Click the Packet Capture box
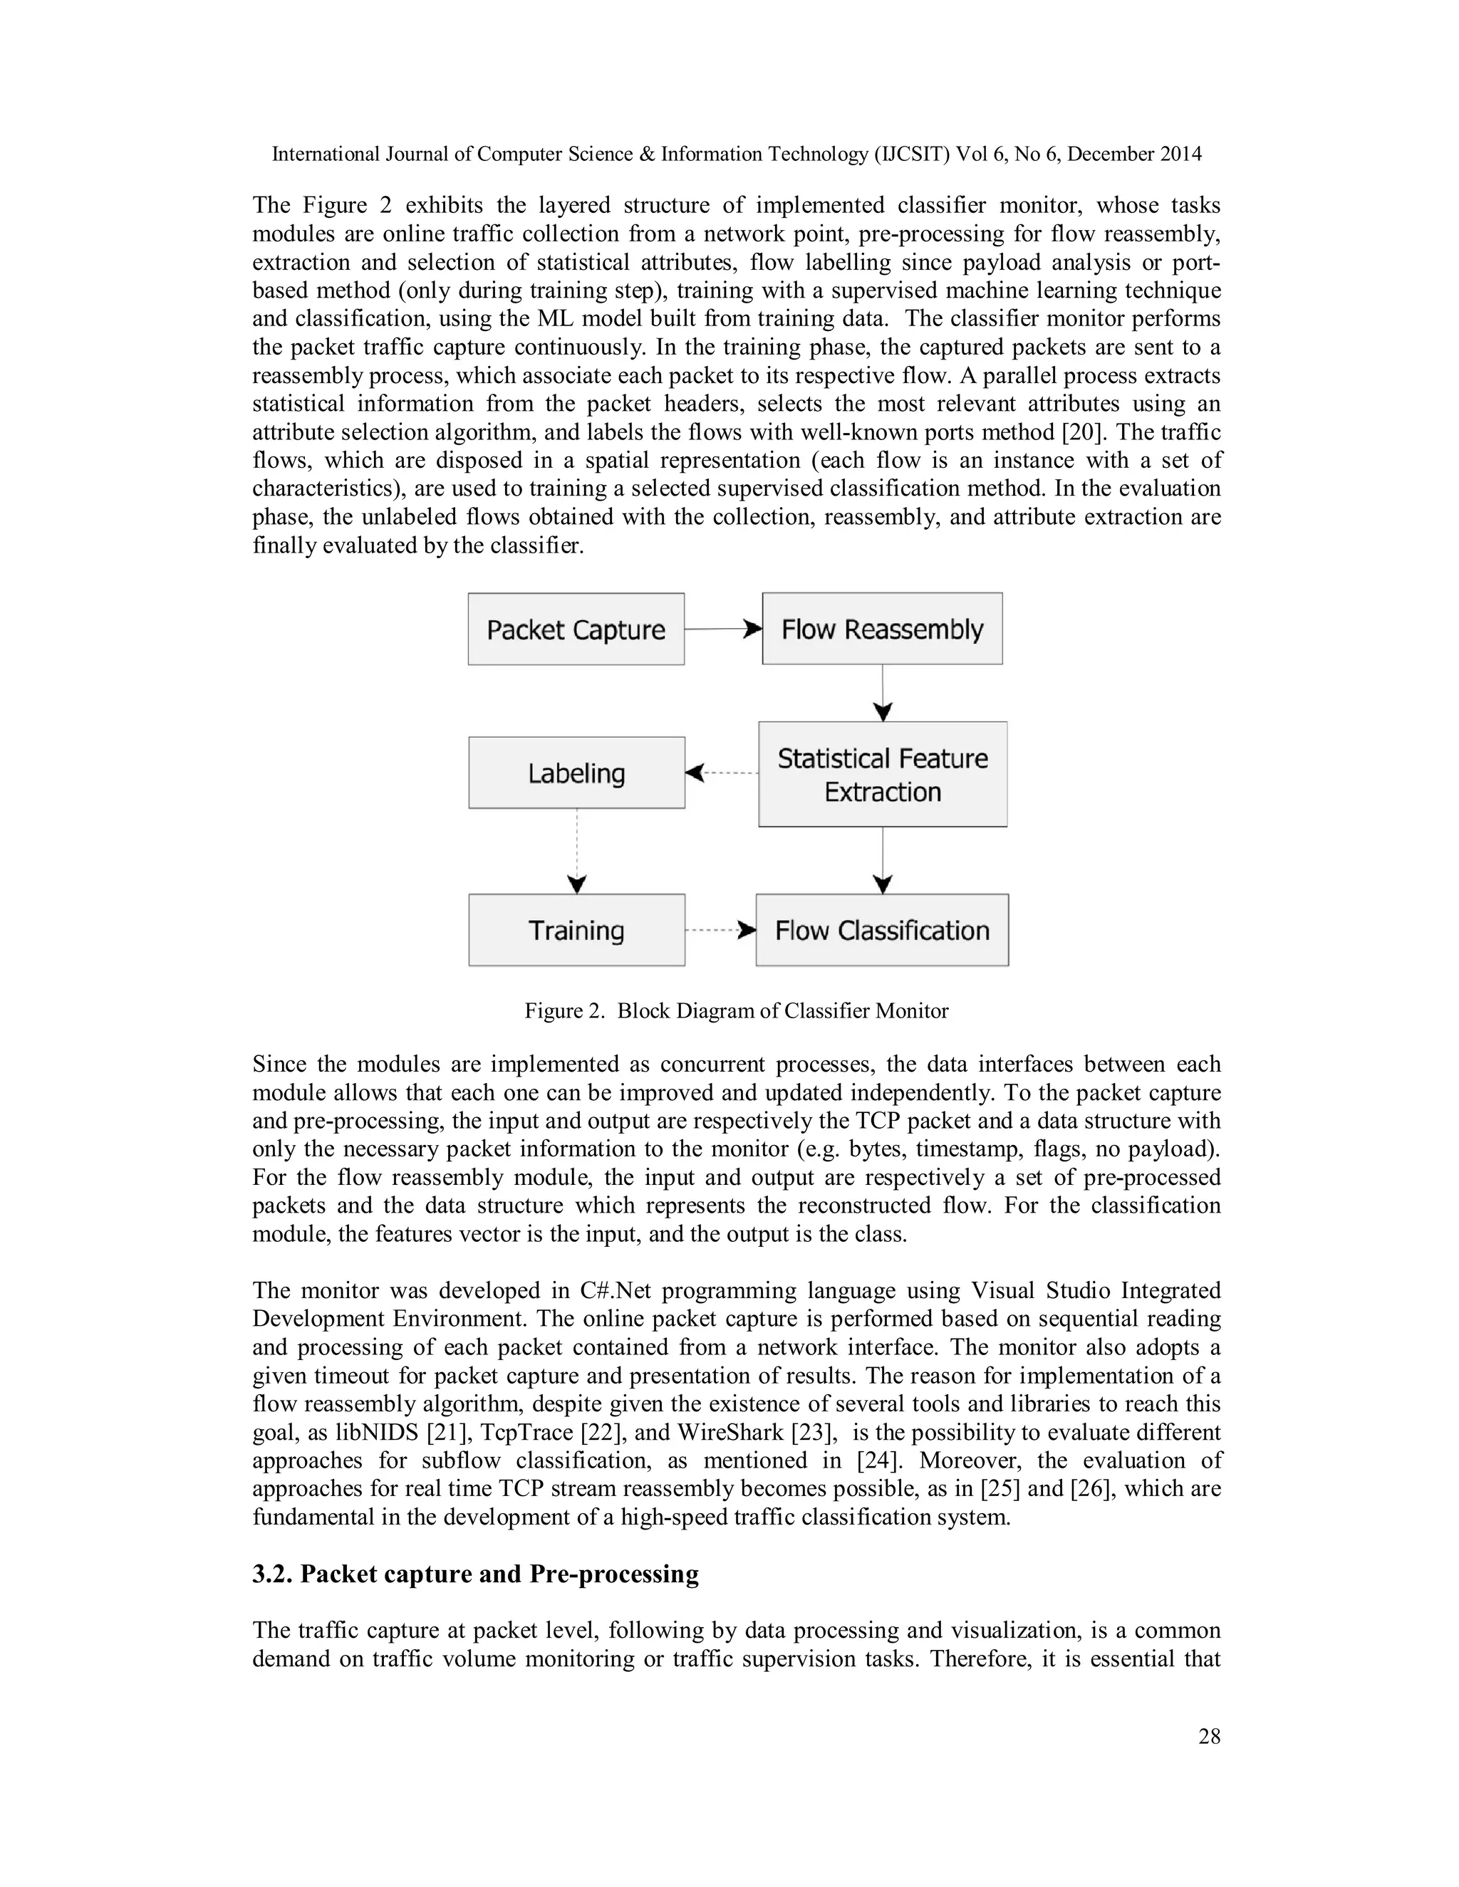[576, 629]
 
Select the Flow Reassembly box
[882, 628]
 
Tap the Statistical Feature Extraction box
[883, 774]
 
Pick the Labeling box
[576, 773]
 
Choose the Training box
[576, 930]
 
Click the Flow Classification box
[882, 930]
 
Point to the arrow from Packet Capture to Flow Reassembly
[722, 629]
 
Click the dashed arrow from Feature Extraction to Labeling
[722, 773]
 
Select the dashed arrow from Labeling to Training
[577, 851]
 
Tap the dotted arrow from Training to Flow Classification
[720, 931]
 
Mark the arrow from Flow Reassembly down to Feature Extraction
[883, 693]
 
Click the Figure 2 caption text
[737, 1011]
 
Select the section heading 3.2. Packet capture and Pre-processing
[475, 1574]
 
